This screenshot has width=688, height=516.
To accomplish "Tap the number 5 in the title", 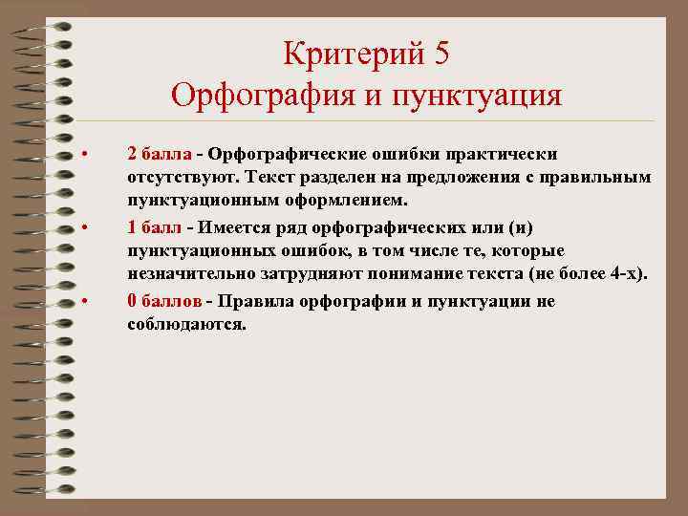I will coord(441,53).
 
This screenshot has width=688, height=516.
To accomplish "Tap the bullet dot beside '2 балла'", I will coord(85,154).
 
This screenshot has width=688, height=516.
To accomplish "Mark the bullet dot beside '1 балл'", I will coord(85,227).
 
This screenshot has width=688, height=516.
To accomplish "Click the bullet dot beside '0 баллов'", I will coord(85,301).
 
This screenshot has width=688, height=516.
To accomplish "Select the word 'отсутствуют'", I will coord(183,177).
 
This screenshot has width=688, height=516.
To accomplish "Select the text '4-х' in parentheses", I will coord(628,274).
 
